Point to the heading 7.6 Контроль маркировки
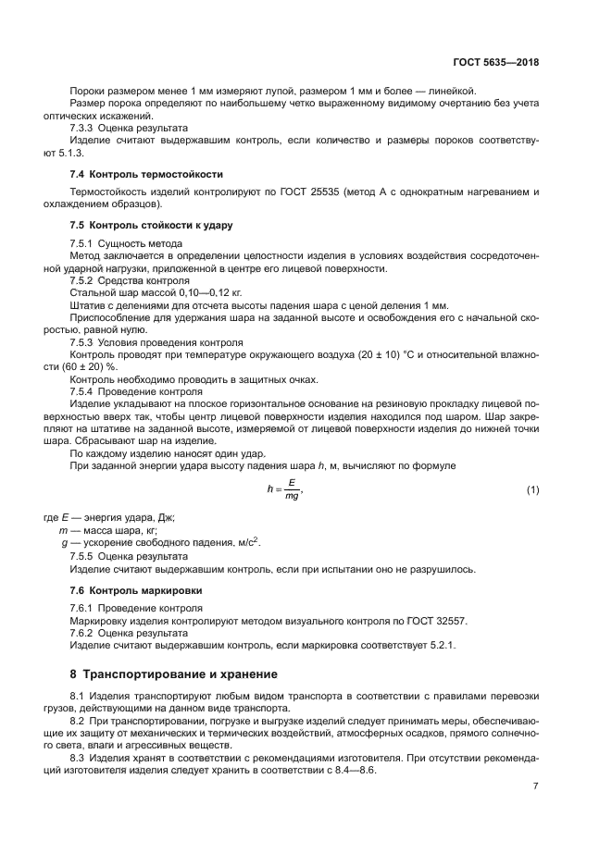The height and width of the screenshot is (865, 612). pos(136,589)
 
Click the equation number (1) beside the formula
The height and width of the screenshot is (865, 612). pos(532,488)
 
